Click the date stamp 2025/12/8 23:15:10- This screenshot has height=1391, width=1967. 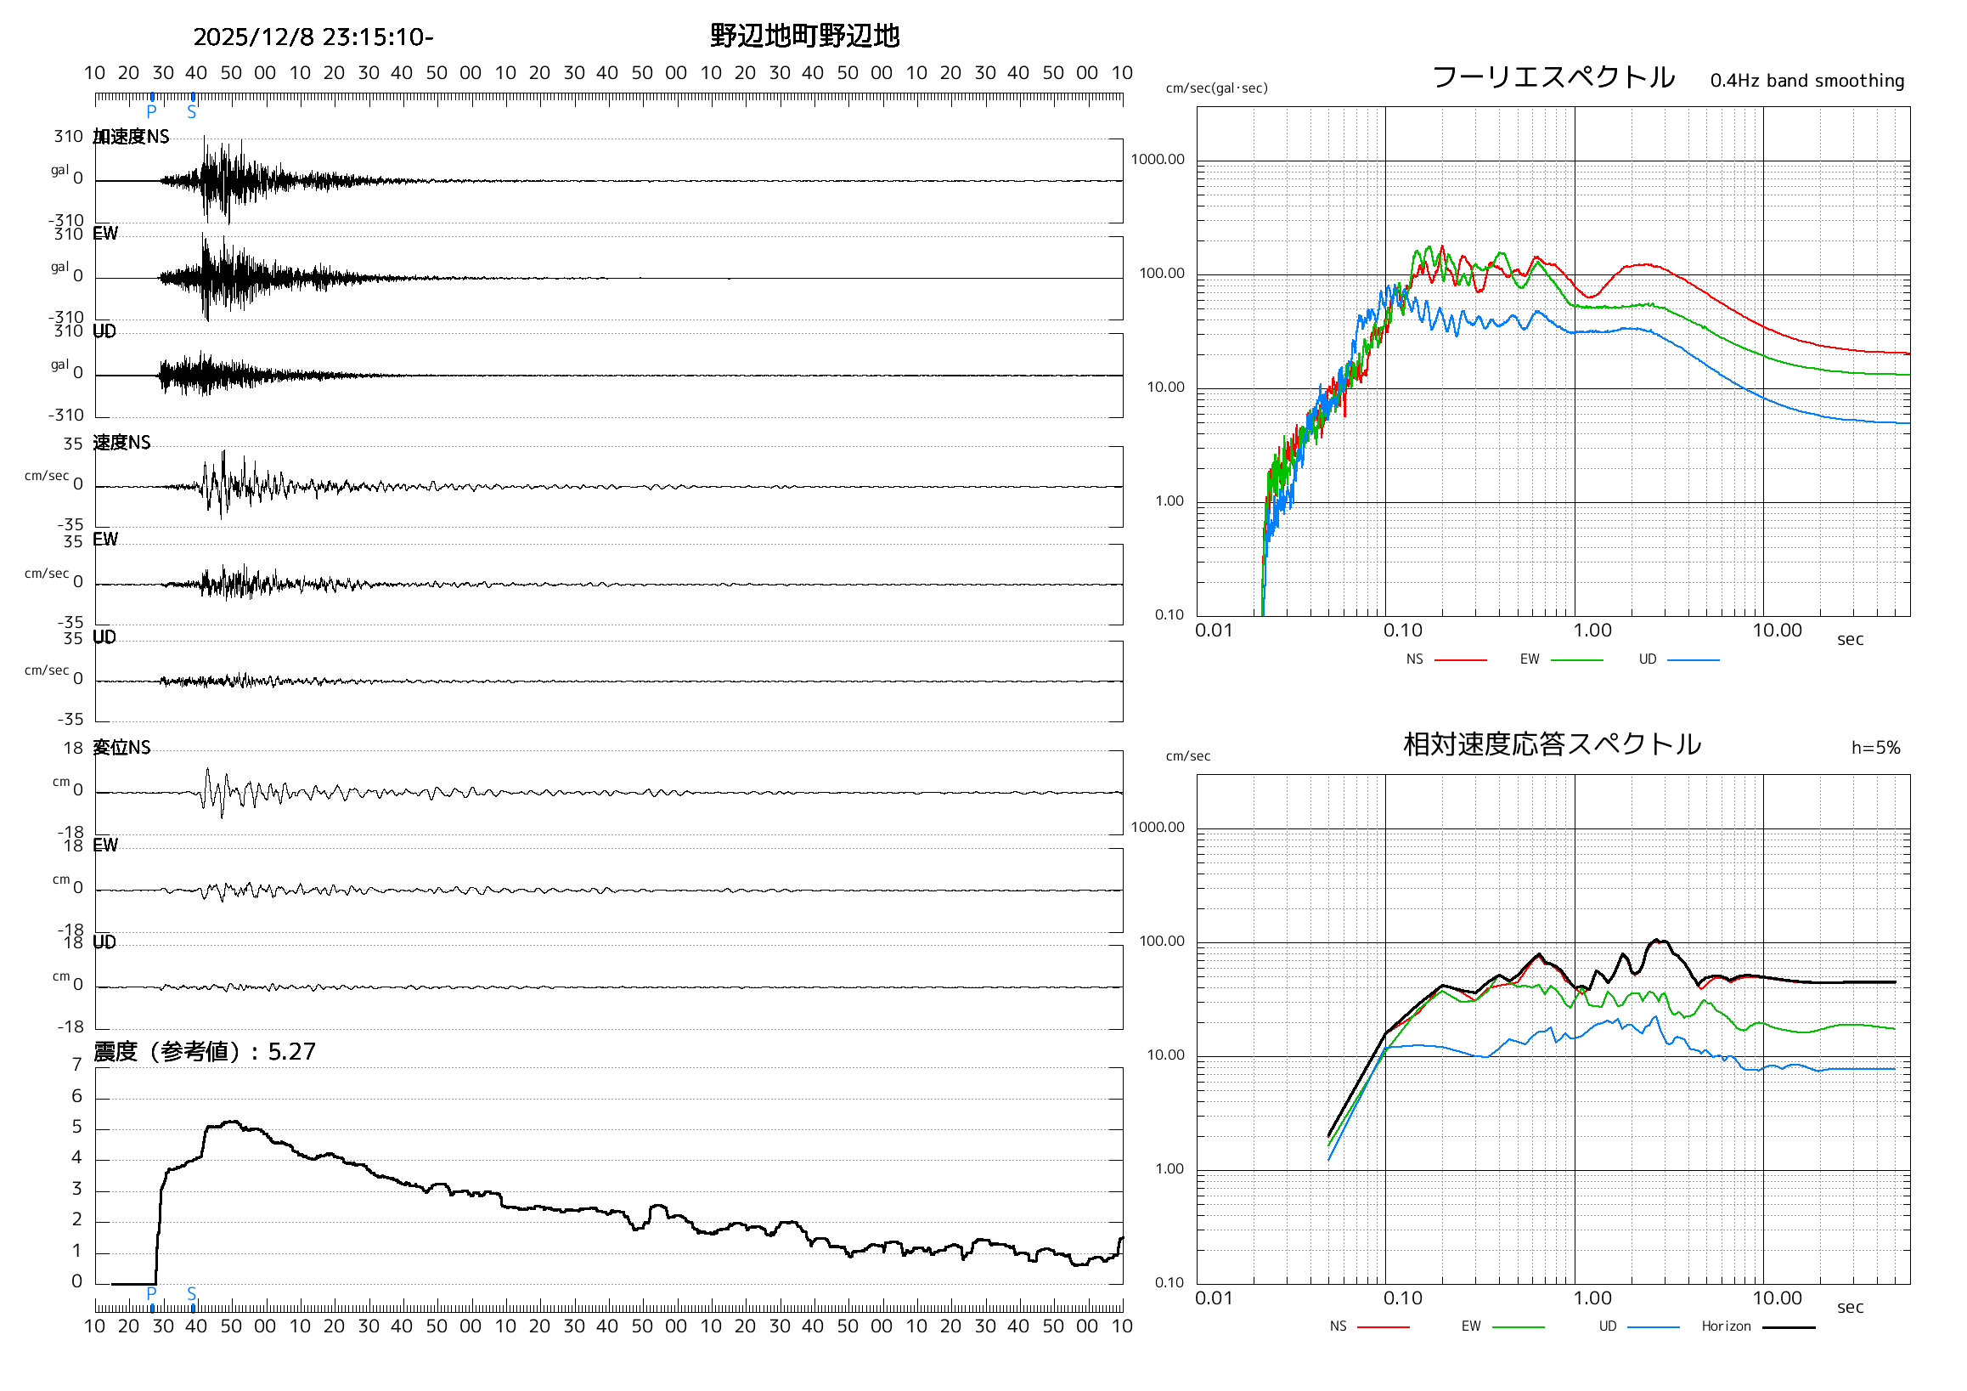click(x=313, y=37)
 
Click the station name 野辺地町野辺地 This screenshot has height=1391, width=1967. click(x=804, y=36)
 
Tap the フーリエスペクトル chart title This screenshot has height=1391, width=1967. click(x=1553, y=77)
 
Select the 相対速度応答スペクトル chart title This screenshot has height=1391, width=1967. click(x=1552, y=744)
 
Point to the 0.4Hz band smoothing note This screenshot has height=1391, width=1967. click(x=1806, y=81)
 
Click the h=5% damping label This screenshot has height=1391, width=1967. click(x=1875, y=748)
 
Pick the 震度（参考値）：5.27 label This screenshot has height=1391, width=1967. click(x=205, y=1052)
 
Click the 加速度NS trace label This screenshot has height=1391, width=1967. click(x=131, y=137)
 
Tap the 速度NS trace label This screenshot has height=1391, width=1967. click(x=121, y=442)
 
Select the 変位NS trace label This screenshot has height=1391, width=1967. click(x=121, y=748)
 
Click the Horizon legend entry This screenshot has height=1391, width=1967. click(x=1726, y=1326)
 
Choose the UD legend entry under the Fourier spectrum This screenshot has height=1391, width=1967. click(x=1648, y=659)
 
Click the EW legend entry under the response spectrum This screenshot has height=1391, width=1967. click(x=1471, y=1326)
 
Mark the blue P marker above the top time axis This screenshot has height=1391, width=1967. click(x=152, y=111)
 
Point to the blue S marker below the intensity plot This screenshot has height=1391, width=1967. click(x=192, y=1293)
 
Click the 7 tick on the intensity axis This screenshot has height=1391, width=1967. click(x=77, y=1065)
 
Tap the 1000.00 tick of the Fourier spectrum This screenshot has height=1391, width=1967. click(x=1158, y=160)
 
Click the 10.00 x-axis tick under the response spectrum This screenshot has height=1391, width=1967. click(x=1777, y=1298)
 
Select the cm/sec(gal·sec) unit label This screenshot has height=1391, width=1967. click(x=1216, y=88)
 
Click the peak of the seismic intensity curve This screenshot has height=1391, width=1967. click(x=232, y=1121)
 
